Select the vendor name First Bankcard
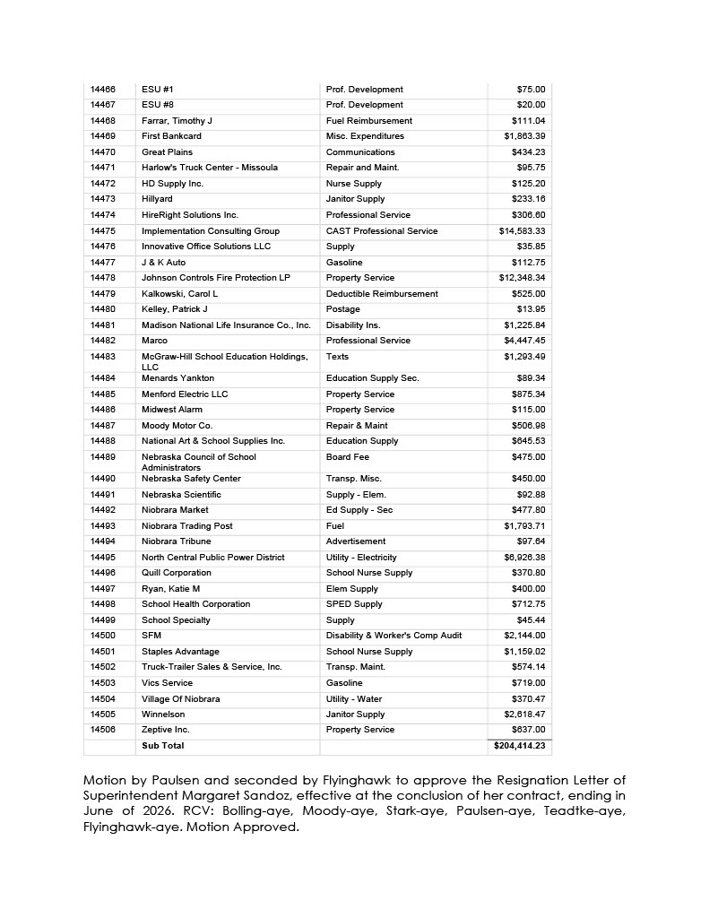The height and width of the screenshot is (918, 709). pos(171,136)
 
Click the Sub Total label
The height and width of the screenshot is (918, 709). pos(162,746)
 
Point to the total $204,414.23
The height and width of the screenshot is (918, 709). pos(519,746)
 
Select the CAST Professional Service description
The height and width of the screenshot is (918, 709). pos(382,231)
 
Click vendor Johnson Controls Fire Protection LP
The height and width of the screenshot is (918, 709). pos(215,278)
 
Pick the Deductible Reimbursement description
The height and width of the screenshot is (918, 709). pos(382,294)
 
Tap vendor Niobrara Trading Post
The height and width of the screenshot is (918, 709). pos(186,526)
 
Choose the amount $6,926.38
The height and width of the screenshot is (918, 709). pos(524,558)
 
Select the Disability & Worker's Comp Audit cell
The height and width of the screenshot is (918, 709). pos(393,636)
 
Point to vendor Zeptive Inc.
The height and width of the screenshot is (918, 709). pos(167,730)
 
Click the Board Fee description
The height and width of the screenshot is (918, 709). pos(347,457)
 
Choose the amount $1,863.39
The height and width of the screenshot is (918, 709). pos(524,136)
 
